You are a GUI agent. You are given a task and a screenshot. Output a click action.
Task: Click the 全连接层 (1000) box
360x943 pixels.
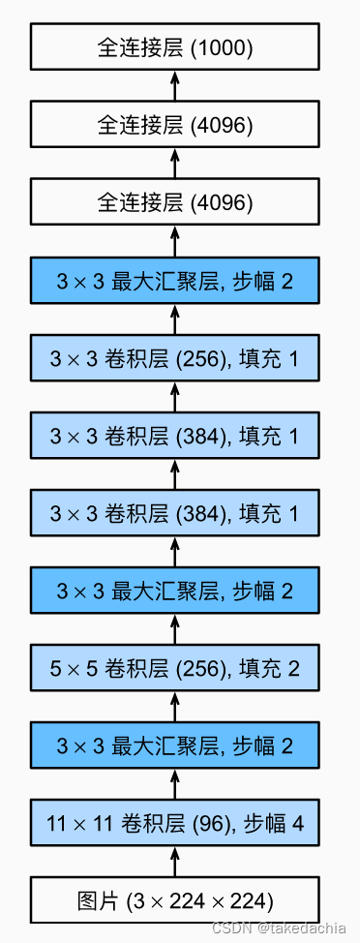click(175, 46)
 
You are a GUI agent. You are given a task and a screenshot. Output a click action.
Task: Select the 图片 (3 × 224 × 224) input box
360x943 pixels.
click(175, 900)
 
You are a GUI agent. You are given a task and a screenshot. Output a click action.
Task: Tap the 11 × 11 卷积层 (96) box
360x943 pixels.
click(175, 823)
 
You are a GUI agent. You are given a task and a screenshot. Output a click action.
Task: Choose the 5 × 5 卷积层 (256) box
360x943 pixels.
click(175, 668)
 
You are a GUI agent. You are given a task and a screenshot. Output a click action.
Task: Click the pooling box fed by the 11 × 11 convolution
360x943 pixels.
click(175, 745)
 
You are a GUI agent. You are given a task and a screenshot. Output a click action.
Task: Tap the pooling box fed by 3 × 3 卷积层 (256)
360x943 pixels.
click(175, 281)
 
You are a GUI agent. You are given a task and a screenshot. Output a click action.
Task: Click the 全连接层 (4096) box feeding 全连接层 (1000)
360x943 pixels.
click(175, 124)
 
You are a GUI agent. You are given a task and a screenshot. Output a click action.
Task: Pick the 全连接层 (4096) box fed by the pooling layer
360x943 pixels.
click(175, 202)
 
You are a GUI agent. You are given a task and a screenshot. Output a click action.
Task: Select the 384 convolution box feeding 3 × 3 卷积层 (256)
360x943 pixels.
click(175, 436)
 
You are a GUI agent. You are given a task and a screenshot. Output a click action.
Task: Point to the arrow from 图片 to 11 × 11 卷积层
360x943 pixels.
click(175, 862)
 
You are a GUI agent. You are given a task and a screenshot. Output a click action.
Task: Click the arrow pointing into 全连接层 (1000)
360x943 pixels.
click(175, 85)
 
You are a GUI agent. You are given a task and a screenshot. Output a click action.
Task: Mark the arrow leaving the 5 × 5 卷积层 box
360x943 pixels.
click(175, 629)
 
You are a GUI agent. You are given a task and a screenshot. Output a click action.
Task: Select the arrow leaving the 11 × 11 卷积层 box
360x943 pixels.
click(175, 784)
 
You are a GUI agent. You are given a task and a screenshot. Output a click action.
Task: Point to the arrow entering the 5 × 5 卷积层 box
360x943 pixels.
click(175, 707)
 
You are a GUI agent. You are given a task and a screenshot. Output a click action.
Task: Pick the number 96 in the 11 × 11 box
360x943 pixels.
click(206, 824)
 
